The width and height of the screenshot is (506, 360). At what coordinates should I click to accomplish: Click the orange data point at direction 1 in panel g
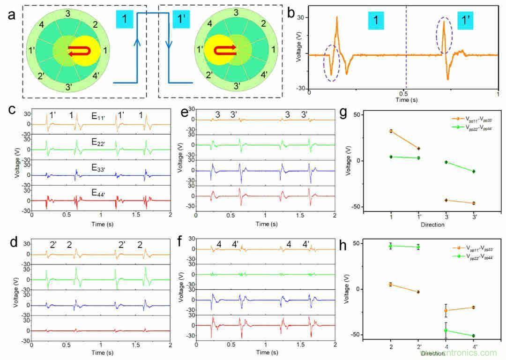pos(391,131)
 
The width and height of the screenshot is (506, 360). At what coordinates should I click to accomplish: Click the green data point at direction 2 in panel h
pos(391,246)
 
